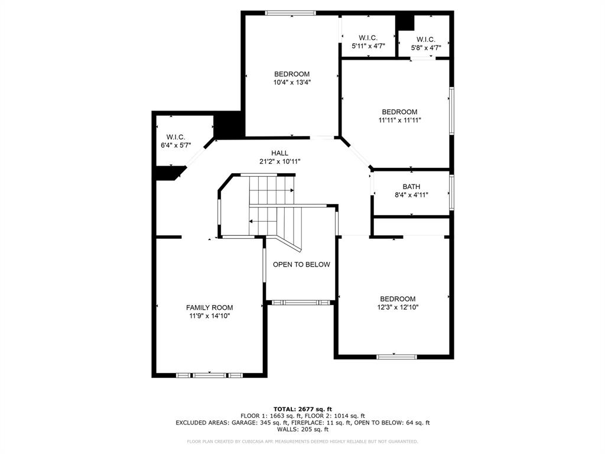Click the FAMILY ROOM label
point(209,307)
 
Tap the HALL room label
point(279,153)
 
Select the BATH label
point(411,187)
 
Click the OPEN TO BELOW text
point(301,264)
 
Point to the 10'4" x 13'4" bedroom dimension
point(292,83)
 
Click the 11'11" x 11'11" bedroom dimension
point(399,120)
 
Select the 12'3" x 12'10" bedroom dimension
point(398,307)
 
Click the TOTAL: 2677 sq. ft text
point(302,409)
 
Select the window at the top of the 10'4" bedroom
point(290,13)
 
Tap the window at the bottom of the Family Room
point(210,375)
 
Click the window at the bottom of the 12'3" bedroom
point(396,356)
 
